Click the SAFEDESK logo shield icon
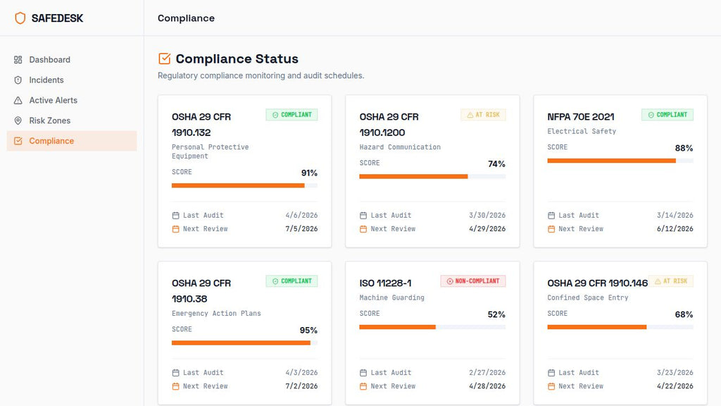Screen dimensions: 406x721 (x=20, y=18)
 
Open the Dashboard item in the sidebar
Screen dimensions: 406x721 (x=49, y=60)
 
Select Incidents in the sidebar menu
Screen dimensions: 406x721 (x=46, y=80)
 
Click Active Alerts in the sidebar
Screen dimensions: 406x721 (x=53, y=100)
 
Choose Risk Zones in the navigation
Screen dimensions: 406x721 (x=49, y=121)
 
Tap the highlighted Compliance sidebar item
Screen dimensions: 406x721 (x=51, y=141)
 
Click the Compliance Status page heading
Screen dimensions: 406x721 (x=237, y=59)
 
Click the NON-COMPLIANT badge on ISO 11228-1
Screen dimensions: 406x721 (x=473, y=281)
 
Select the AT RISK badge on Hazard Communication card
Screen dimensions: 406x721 (x=483, y=115)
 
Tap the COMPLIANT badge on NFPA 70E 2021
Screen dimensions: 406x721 (x=667, y=115)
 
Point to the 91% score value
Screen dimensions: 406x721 (x=309, y=173)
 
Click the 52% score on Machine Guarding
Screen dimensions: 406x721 (x=497, y=315)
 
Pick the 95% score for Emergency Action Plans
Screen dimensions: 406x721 (x=309, y=331)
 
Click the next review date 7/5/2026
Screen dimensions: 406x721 (x=301, y=229)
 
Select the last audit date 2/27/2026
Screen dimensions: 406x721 (x=487, y=373)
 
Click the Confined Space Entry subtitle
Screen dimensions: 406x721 (x=587, y=298)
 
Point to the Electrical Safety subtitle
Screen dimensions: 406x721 (x=582, y=132)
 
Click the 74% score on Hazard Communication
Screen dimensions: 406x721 (x=497, y=164)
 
